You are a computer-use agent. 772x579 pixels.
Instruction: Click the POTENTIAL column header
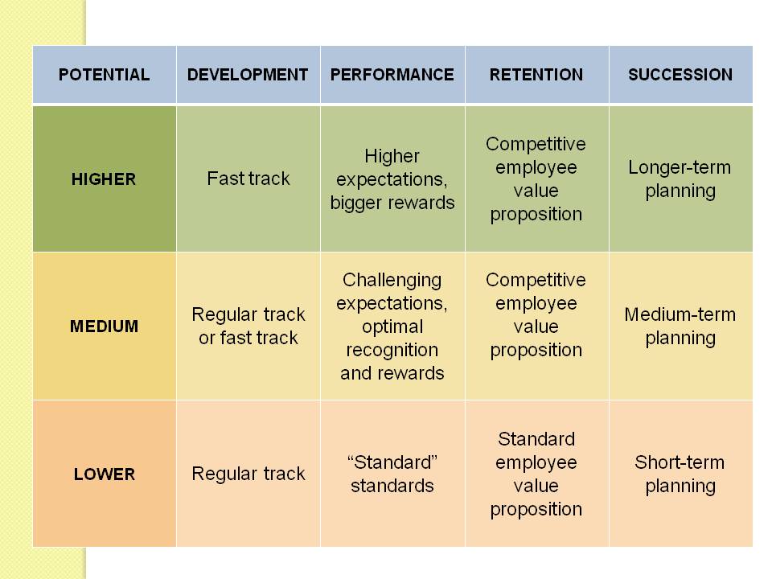[104, 75]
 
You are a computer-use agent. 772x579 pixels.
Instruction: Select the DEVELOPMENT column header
[248, 75]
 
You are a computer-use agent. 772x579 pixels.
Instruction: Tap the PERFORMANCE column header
[392, 75]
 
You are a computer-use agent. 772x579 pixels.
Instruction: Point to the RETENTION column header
[536, 75]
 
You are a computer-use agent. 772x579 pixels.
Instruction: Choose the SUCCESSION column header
[680, 75]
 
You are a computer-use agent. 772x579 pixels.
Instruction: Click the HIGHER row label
[104, 179]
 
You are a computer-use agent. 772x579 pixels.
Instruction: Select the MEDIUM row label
[104, 326]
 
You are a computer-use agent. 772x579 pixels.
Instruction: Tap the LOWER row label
[104, 474]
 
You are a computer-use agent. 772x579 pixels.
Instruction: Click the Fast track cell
[248, 179]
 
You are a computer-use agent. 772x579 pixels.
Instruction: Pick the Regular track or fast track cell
[248, 326]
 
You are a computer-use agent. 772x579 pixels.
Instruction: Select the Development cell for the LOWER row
[248, 474]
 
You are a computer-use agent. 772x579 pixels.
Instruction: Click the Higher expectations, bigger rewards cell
[392, 179]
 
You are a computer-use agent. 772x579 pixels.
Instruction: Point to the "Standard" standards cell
[392, 474]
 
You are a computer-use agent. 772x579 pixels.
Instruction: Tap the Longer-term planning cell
[680, 179]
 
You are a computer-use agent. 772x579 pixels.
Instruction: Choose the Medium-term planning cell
[680, 326]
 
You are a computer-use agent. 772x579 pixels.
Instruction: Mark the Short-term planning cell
[680, 474]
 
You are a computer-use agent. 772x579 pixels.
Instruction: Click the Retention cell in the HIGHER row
[536, 179]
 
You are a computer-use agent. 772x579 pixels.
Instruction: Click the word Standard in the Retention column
[536, 439]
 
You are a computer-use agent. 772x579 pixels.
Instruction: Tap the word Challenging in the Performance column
[392, 280]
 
